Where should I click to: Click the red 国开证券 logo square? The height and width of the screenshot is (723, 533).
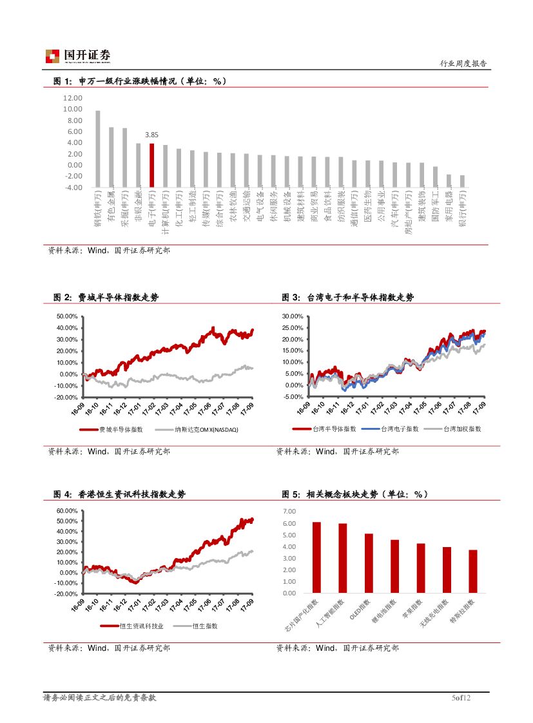pyautogui.click(x=52, y=56)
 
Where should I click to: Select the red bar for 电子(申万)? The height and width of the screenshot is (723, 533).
pyautogui.click(x=151, y=165)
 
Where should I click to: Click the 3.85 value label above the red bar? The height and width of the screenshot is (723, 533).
pyautogui.click(x=151, y=135)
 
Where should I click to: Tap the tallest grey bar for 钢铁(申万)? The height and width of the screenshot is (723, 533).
pyautogui.click(x=97, y=148)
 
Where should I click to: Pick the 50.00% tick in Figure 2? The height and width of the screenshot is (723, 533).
pyautogui.click(x=67, y=316)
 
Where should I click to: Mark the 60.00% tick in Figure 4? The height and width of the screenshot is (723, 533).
pyautogui.click(x=67, y=511)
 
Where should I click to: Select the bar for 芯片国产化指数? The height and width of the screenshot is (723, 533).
pyautogui.click(x=316, y=557)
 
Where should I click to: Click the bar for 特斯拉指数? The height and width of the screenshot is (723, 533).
pyautogui.click(x=473, y=571)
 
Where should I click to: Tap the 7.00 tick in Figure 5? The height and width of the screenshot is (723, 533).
pyautogui.click(x=289, y=511)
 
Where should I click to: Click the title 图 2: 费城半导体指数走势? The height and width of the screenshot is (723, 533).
pyautogui.click(x=106, y=297)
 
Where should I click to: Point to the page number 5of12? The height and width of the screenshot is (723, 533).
pyautogui.click(x=461, y=698)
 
